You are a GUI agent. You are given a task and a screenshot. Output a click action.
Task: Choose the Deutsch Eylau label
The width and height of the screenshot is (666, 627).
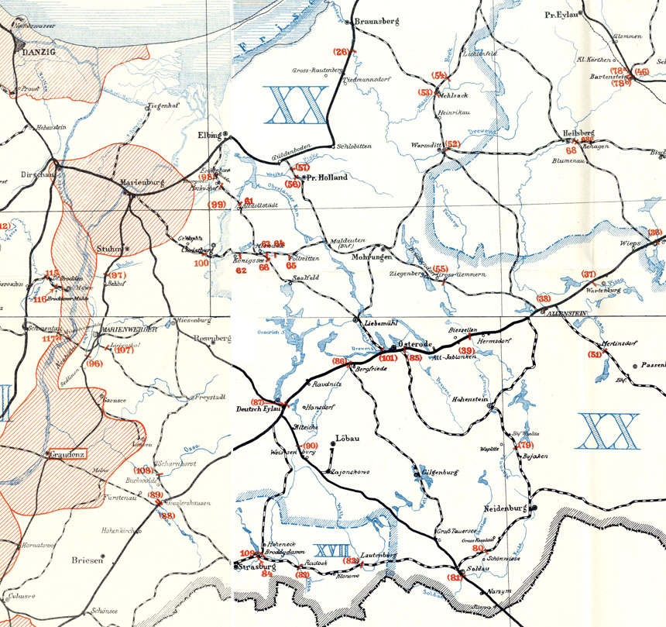click(x=257, y=408)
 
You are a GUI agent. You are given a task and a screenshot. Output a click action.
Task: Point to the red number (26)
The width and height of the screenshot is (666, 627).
click(x=342, y=52)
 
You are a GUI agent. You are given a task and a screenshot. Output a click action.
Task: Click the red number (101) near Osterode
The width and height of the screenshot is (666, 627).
click(x=389, y=359)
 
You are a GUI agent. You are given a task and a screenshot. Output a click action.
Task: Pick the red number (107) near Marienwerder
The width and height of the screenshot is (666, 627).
click(x=123, y=350)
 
